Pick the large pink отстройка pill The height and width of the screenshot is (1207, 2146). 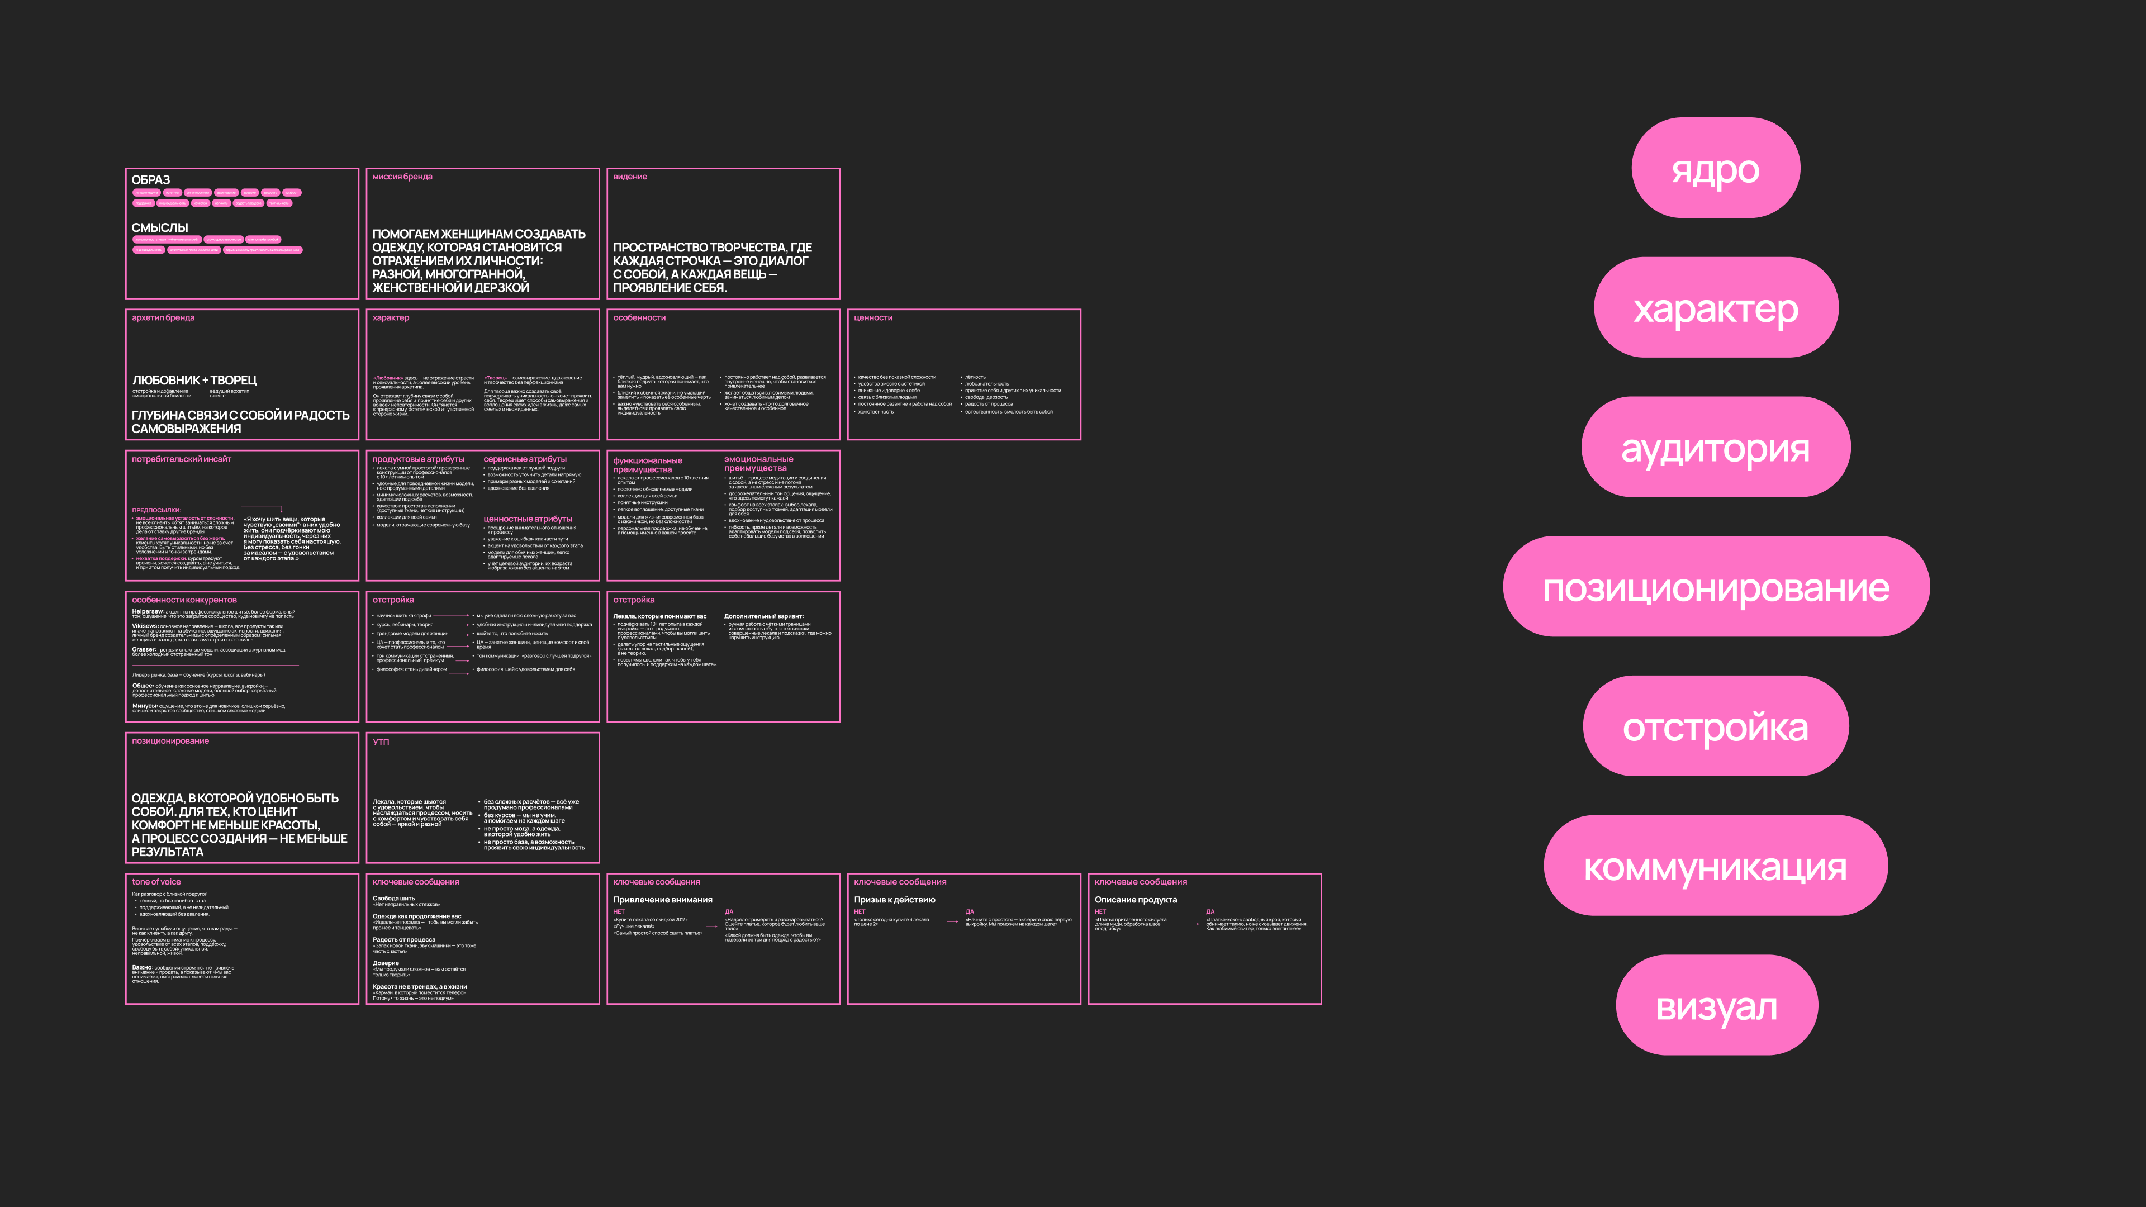[x=1715, y=726]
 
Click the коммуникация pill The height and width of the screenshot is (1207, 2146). [x=1715, y=866]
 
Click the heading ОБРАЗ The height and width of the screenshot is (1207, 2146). [x=151, y=180]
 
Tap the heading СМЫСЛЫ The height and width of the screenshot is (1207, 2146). [x=160, y=227]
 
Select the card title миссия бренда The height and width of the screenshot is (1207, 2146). [x=402, y=177]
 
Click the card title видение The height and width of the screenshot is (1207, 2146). [x=630, y=177]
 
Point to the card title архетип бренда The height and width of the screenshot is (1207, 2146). [x=163, y=317]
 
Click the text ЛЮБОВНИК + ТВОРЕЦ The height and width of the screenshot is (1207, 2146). [x=194, y=380]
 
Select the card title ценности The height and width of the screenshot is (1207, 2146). [x=873, y=317]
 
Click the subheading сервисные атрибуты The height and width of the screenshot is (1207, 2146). [x=525, y=459]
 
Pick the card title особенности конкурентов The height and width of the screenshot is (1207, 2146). [x=184, y=600]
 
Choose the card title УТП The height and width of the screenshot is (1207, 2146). [x=381, y=742]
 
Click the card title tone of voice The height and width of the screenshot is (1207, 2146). [x=156, y=881]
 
